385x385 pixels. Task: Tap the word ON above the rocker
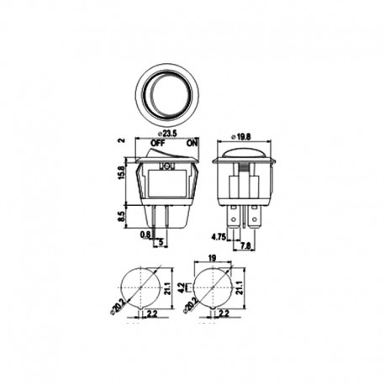(x=192, y=144)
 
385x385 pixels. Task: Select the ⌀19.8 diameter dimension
(x=243, y=135)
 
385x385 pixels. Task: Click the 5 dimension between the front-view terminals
(x=161, y=245)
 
